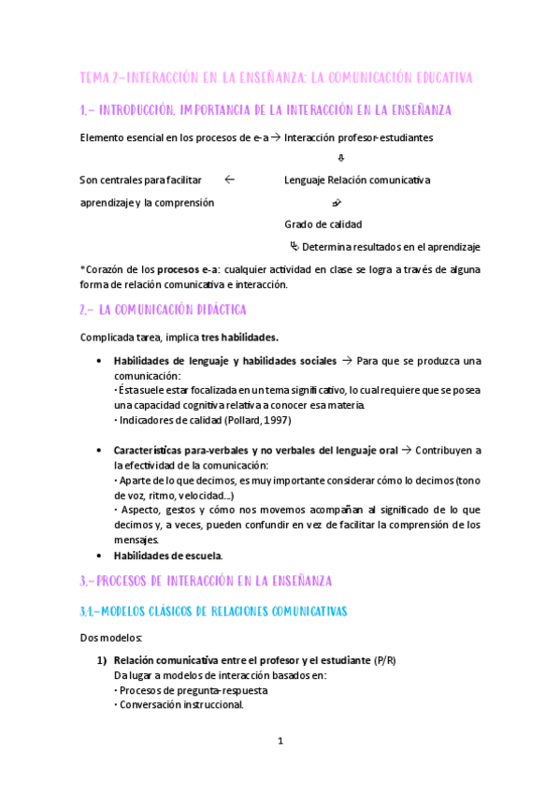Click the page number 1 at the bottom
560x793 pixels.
(x=280, y=741)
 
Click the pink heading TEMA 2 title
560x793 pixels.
(x=277, y=76)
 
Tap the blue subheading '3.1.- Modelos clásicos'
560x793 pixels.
(x=212, y=611)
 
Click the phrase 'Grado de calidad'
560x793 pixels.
(x=323, y=224)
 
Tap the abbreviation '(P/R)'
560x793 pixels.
(x=384, y=660)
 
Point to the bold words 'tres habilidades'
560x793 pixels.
(x=242, y=337)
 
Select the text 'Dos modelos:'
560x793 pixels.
(x=111, y=638)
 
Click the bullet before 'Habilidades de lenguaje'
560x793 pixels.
(x=101, y=361)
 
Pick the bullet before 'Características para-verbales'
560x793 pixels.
(x=101, y=451)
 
